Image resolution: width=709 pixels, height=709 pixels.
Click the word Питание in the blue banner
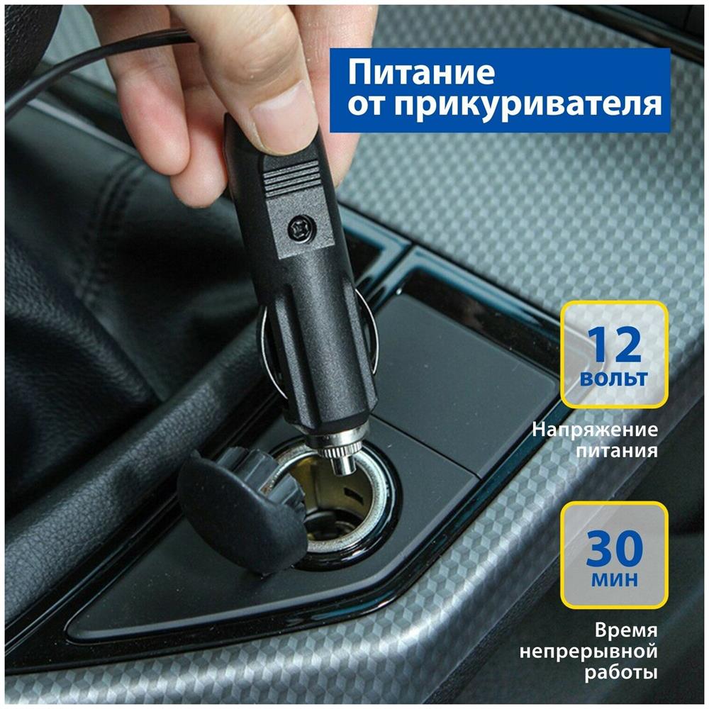point(421,72)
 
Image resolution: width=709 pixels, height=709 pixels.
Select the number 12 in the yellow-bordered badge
point(614,345)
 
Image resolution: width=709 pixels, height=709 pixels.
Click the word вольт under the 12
point(613,379)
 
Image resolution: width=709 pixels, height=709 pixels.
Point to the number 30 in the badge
point(615,548)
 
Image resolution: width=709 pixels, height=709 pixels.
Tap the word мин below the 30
point(615,579)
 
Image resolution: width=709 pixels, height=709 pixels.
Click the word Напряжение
point(595,430)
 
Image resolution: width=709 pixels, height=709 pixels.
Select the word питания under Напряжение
point(617,451)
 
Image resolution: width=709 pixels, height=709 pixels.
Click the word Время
point(626,630)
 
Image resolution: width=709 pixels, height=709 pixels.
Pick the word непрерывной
point(588,652)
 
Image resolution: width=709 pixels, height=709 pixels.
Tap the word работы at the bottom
point(621,673)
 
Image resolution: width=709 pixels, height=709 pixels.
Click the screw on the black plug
point(299,228)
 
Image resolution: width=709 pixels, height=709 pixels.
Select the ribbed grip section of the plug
point(291,177)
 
